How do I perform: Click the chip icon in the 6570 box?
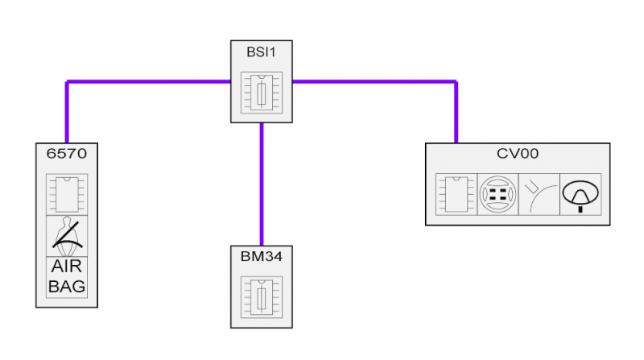point(67,192)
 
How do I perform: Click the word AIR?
point(67,267)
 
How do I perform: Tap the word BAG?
point(67,286)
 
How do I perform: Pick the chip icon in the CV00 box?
point(456,195)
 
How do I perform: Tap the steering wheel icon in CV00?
point(497,195)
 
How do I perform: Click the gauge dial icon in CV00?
point(580,195)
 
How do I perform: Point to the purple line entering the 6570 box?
point(67,121)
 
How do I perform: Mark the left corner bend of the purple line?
point(67,81)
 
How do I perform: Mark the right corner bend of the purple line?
point(456,81)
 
